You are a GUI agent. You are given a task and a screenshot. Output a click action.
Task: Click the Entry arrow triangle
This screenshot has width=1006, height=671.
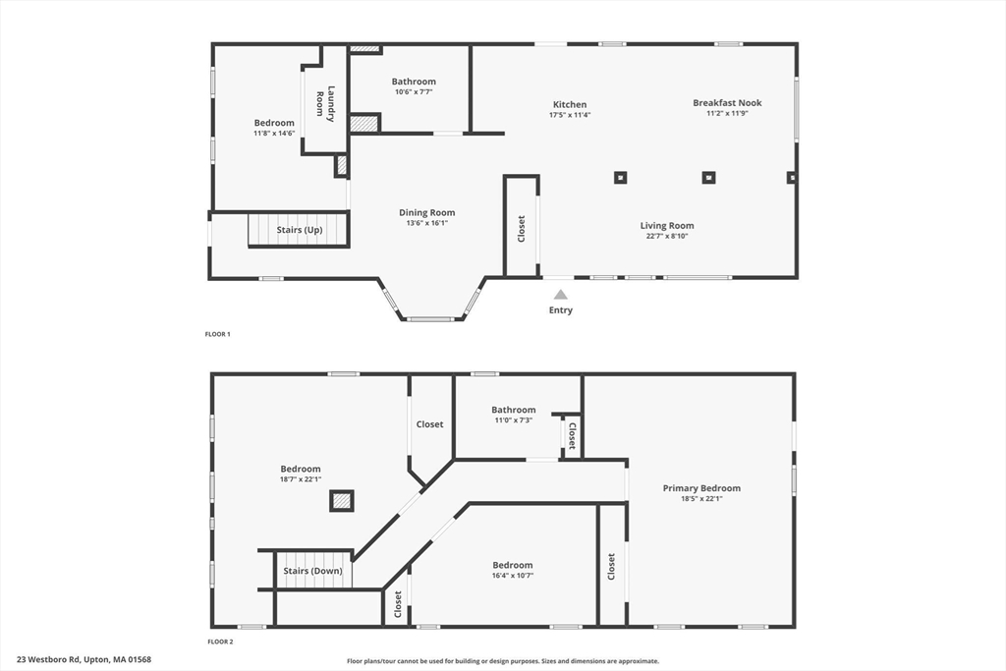pyautogui.click(x=560, y=294)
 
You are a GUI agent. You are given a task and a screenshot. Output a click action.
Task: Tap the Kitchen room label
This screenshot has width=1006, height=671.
pyautogui.click(x=570, y=104)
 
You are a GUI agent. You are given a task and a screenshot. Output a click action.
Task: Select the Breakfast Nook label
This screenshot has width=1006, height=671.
pyautogui.click(x=727, y=102)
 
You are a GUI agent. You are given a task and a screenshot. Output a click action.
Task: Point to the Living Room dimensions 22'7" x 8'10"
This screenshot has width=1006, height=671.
pyautogui.click(x=667, y=237)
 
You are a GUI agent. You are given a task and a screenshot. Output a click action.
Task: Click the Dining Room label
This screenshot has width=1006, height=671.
pyautogui.click(x=426, y=212)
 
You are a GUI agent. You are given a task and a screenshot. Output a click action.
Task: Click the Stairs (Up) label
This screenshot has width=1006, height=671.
pyautogui.click(x=300, y=230)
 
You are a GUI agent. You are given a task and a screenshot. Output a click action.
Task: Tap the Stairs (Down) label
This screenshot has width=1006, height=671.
pyautogui.click(x=313, y=571)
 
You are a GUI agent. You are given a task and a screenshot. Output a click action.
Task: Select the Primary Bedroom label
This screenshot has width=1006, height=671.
pyautogui.click(x=701, y=488)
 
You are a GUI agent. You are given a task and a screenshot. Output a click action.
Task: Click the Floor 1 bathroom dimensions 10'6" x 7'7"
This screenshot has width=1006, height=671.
pyautogui.click(x=414, y=92)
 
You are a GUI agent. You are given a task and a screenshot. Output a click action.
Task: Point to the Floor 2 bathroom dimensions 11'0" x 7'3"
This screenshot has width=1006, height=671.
pyautogui.click(x=513, y=420)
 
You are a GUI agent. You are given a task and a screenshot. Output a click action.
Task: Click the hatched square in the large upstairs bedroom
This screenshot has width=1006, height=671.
pyautogui.click(x=341, y=502)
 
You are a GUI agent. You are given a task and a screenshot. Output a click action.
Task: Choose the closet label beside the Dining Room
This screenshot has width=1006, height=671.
pyautogui.click(x=522, y=229)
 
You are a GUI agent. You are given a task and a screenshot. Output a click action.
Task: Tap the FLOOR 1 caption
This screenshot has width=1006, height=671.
pyautogui.click(x=217, y=334)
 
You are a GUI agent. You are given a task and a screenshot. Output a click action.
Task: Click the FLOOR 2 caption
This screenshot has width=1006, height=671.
pyautogui.click(x=219, y=642)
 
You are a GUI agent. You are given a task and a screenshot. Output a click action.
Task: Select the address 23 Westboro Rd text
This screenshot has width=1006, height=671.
pyautogui.click(x=84, y=660)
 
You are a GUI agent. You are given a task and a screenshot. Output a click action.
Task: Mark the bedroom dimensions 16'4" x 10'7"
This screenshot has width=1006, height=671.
pyautogui.click(x=513, y=576)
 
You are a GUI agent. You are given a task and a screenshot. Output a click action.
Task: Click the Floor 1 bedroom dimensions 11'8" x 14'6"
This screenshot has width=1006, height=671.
pyautogui.click(x=274, y=133)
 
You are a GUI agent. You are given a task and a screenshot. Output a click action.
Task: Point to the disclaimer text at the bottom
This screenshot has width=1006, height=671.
pyautogui.click(x=503, y=661)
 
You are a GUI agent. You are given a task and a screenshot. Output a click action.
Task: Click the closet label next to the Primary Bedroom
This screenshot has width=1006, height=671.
pyautogui.click(x=611, y=566)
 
